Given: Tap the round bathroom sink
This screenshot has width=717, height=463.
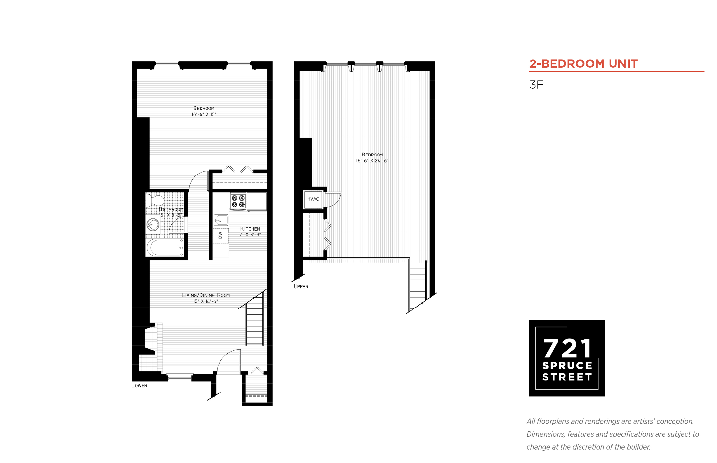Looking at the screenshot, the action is pyautogui.click(x=153, y=224).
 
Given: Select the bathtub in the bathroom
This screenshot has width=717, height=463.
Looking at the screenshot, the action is pyautogui.click(x=165, y=248).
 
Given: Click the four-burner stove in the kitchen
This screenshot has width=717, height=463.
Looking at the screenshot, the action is pyautogui.click(x=238, y=201).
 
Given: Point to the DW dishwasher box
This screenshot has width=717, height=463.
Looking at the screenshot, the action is pyautogui.click(x=221, y=235).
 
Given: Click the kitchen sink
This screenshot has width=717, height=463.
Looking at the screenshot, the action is pyautogui.click(x=221, y=220).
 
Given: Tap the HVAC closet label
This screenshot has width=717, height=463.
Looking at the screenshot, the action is pyautogui.click(x=313, y=199).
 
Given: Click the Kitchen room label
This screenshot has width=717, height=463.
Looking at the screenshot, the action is pyautogui.click(x=250, y=229).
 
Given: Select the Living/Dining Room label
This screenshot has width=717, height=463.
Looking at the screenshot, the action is pyautogui.click(x=206, y=295).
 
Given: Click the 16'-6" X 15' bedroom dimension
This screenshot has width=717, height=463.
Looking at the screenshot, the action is pyautogui.click(x=204, y=115).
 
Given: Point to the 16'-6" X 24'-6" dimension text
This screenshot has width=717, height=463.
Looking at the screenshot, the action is pyautogui.click(x=372, y=161).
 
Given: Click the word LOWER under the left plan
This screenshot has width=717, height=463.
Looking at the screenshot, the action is pyautogui.click(x=139, y=385).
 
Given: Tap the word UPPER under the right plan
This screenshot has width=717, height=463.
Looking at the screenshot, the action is pyautogui.click(x=301, y=287).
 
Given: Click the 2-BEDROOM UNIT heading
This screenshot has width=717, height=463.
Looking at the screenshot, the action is pyautogui.click(x=583, y=64).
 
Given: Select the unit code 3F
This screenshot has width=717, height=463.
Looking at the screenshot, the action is pyautogui.click(x=536, y=85).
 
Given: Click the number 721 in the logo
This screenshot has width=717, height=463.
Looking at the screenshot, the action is pyautogui.click(x=567, y=348).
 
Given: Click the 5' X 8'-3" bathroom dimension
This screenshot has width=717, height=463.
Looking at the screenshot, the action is pyautogui.click(x=171, y=215).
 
